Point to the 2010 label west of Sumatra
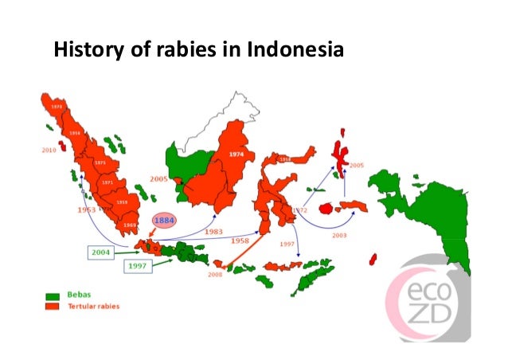pyautogui.click(x=49, y=148)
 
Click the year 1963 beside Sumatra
pyautogui.click(x=86, y=209)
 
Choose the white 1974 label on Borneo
pyautogui.click(x=235, y=155)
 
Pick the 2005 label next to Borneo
pyautogui.click(x=158, y=179)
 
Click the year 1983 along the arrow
pyautogui.click(x=213, y=232)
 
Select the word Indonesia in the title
pyautogui.click(x=295, y=52)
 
